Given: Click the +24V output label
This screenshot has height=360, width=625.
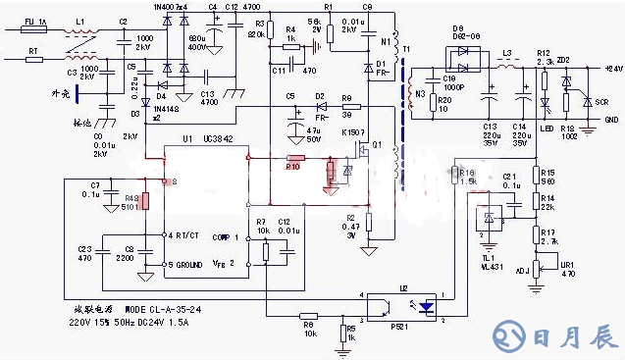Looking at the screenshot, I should (613, 69).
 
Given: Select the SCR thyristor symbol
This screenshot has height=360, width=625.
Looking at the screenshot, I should (586, 100).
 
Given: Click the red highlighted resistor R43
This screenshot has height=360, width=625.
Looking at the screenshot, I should (145, 201).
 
